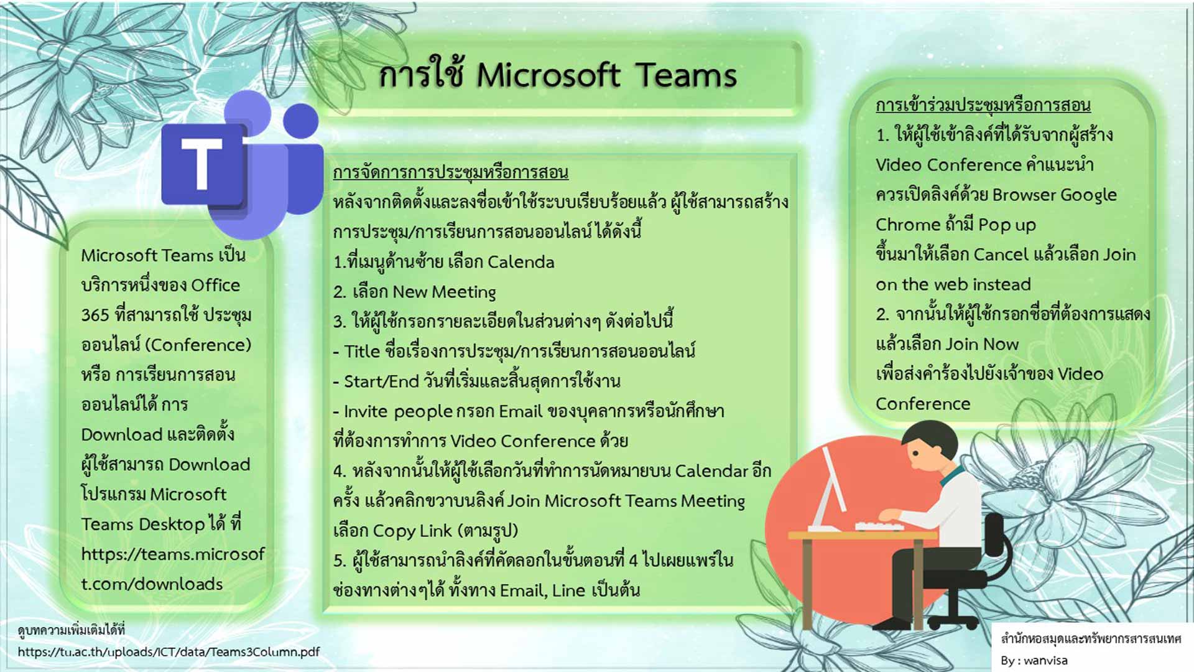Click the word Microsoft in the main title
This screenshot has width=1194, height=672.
[x=548, y=75]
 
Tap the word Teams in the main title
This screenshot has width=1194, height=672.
[x=686, y=75]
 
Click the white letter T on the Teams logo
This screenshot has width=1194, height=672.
[x=201, y=163]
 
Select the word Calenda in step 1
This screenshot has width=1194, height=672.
[x=521, y=262]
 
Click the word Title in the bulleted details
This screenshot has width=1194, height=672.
[x=362, y=352]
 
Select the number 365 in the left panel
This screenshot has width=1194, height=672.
[x=95, y=315]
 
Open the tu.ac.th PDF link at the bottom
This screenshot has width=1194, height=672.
[x=169, y=652]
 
